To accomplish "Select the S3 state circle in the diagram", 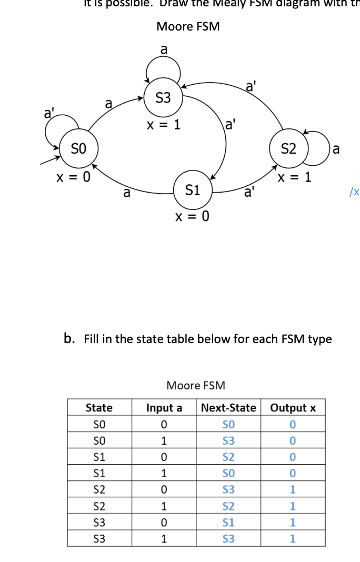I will click(163, 97).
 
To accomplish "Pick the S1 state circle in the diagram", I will click(193, 190).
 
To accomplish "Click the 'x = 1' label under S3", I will click(163, 125).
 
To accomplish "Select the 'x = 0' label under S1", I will click(192, 216).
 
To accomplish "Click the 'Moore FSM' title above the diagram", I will click(188, 26).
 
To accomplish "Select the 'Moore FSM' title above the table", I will click(195, 385).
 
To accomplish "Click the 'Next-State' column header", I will click(228, 408).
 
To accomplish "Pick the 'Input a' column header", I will click(164, 408).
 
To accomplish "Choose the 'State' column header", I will click(99, 408).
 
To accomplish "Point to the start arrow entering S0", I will click(50, 158).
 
